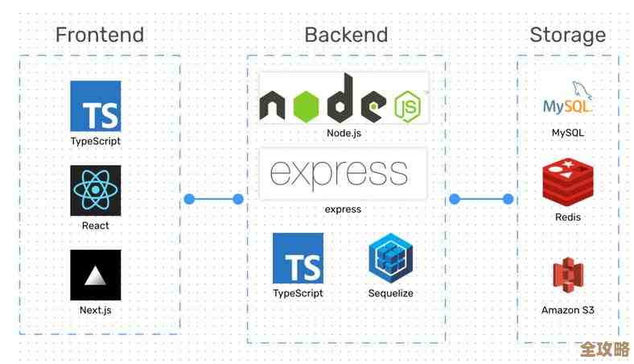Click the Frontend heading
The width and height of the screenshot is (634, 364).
click(99, 35)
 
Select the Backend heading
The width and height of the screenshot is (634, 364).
click(346, 35)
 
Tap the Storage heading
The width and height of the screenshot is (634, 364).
click(567, 35)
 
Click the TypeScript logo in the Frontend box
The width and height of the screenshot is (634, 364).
click(95, 105)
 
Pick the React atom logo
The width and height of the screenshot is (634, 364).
click(95, 191)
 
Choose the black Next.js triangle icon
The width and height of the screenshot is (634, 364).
click(95, 275)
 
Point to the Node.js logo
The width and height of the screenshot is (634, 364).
click(344, 98)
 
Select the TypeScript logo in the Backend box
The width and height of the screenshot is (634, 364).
click(298, 259)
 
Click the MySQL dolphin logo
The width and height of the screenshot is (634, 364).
click(567, 100)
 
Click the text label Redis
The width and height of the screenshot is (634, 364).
click(567, 217)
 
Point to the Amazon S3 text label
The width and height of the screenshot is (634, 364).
click(567, 310)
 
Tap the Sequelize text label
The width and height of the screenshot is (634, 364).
click(391, 293)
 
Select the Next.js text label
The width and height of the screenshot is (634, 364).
click(95, 310)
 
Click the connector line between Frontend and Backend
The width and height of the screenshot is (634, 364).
click(213, 199)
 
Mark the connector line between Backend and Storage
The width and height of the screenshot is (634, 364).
click(481, 199)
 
